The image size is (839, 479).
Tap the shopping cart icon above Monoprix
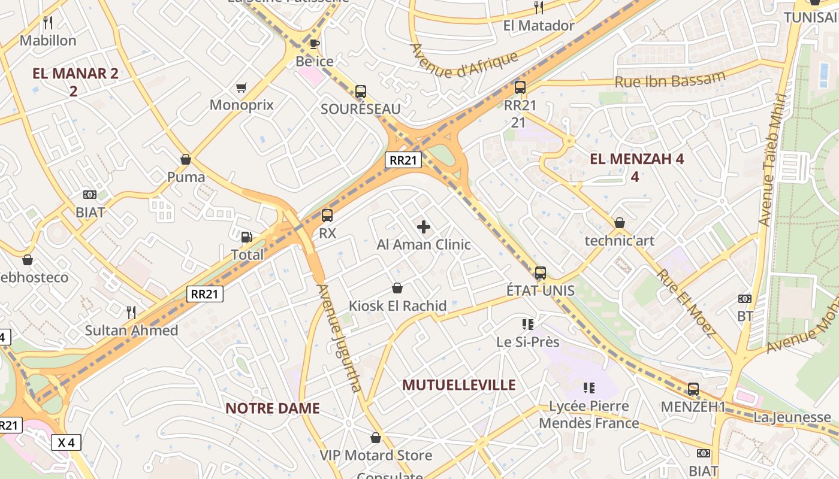click(242, 88)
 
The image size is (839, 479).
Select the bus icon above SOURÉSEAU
click(360, 92)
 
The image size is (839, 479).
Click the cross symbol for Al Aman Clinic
click(424, 227)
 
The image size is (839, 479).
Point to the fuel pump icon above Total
click(246, 237)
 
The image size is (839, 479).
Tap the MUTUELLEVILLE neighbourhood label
click(458, 384)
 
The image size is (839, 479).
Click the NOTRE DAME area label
click(272, 408)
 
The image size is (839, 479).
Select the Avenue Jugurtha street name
click(340, 338)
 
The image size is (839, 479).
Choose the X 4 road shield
click(66, 443)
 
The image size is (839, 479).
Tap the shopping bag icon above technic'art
click(620, 223)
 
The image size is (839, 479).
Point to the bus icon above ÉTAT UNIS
click(540, 273)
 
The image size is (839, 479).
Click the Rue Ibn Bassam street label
click(670, 80)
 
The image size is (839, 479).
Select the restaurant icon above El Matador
click(538, 8)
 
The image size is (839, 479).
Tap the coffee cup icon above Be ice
click(314, 44)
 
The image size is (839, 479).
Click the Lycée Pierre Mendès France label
click(589, 414)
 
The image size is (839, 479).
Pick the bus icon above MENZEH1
click(693, 389)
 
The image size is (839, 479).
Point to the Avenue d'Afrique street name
click(463, 60)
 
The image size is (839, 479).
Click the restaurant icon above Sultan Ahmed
click(131, 312)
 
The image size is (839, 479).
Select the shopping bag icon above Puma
click(186, 159)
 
